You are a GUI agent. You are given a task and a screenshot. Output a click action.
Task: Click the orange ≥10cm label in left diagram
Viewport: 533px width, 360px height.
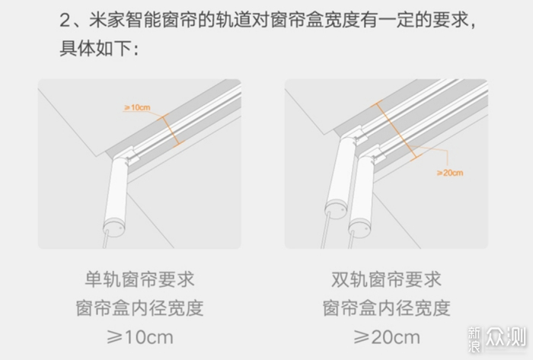click(137, 107)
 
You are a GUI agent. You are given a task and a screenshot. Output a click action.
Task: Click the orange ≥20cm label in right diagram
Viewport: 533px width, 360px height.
click(450, 173)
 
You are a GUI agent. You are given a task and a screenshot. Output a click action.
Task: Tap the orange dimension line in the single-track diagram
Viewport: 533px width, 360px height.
click(171, 131)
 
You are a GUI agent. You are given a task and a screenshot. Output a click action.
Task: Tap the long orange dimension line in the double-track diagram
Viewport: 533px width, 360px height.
click(397, 130)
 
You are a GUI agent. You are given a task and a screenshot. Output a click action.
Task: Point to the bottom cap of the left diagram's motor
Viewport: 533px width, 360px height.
click(114, 228)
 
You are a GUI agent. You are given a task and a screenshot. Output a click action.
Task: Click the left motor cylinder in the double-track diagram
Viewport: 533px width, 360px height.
click(339, 176)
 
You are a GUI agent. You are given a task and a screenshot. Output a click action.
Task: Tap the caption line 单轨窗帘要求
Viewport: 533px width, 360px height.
click(139, 279)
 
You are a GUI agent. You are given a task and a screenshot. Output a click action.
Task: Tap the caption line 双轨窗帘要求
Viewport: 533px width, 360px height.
click(386, 279)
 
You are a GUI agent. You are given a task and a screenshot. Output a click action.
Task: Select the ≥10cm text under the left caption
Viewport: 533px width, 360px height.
click(139, 337)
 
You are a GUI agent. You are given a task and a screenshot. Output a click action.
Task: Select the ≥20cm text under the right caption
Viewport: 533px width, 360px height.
click(387, 337)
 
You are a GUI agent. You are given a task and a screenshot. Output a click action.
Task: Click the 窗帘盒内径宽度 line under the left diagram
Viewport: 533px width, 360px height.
click(139, 308)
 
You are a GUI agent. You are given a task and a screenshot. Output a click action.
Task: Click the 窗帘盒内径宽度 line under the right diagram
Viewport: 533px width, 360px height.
click(386, 308)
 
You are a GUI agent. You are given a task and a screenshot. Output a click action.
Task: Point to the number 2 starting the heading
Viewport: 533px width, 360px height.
click(65, 21)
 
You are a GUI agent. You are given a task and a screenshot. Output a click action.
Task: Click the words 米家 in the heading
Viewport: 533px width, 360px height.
click(107, 20)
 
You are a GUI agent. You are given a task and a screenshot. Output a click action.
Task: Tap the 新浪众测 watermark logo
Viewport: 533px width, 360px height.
click(496, 339)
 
